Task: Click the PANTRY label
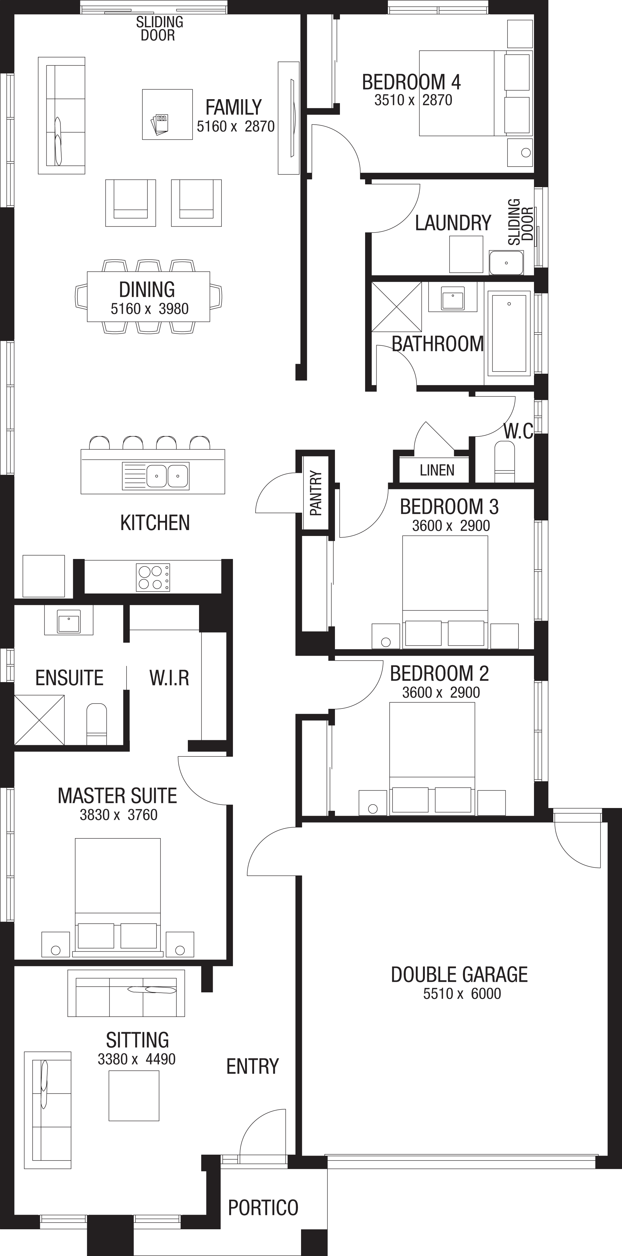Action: (x=316, y=493)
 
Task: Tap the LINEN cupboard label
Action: (x=437, y=470)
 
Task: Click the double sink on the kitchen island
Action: (x=155, y=475)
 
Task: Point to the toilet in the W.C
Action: (x=504, y=461)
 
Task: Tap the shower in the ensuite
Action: (x=39, y=720)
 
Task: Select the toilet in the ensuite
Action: (x=97, y=724)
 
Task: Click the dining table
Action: (x=148, y=297)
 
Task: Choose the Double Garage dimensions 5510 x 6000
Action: (x=462, y=994)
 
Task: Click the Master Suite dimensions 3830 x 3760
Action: (x=118, y=815)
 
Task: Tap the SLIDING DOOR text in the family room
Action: (x=159, y=28)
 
